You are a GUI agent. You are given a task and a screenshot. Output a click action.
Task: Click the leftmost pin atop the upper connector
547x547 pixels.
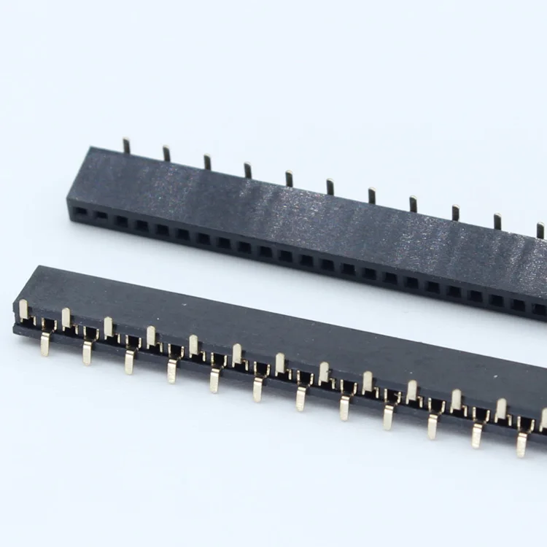tap(126, 146)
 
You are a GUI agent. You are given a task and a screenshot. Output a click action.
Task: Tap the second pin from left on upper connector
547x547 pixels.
tap(166, 153)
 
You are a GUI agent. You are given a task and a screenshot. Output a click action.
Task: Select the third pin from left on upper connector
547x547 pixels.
tap(207, 162)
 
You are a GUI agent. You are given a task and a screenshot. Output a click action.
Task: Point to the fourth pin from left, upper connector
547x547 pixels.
tap(248, 170)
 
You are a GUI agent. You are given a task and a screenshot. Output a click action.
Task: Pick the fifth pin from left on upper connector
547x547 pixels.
tap(290, 178)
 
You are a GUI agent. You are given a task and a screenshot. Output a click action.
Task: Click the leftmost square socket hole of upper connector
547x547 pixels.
tap(80, 212)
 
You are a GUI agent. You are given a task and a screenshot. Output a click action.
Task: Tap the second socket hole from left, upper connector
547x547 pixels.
tap(100, 216)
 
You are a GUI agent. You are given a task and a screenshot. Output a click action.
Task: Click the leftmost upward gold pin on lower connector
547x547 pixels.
tap(24, 309)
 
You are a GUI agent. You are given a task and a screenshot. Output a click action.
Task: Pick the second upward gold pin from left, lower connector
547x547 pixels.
tap(66, 318)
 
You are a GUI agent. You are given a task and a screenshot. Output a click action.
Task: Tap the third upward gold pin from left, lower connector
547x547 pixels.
tap(109, 327)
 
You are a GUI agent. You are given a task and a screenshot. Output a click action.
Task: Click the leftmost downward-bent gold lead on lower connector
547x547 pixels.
tap(45, 343)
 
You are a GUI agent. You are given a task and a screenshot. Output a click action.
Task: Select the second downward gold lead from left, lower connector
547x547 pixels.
tap(88, 352)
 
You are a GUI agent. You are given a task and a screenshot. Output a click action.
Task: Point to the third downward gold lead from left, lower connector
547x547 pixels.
tap(130, 361)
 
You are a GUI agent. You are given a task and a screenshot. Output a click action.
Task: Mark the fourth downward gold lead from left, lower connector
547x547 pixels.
tap(172, 371)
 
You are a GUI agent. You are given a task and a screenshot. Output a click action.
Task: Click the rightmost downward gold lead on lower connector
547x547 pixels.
tap(522, 443)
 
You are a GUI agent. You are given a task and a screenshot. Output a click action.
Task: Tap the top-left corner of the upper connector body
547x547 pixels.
tap(90, 149)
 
